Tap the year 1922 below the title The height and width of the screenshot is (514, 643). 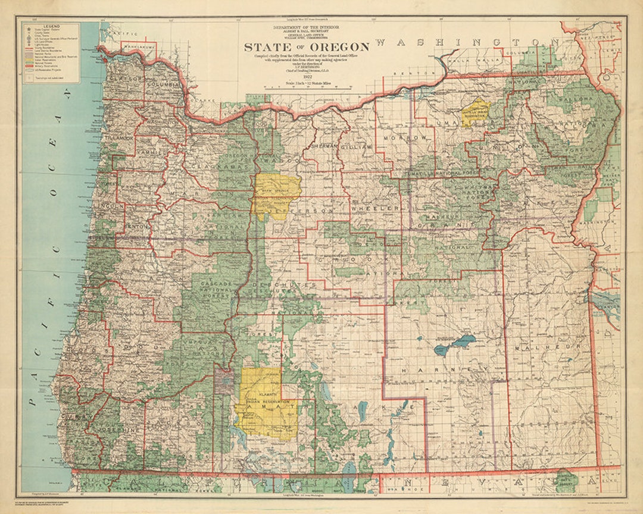pos(307,76)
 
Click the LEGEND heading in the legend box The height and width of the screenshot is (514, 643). pos(52,26)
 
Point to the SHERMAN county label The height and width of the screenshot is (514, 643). pos(324,146)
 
